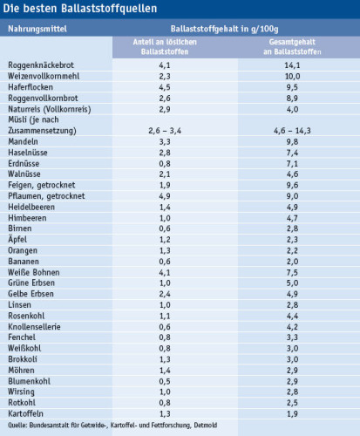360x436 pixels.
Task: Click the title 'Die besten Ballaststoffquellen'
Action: pos(80,9)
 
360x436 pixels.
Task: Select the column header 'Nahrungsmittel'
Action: pos(37,29)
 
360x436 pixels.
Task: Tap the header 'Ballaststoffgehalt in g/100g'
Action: pos(225,29)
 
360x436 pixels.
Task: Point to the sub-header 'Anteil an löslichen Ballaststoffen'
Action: pos(165,47)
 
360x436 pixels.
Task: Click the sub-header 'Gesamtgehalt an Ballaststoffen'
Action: pos(292,47)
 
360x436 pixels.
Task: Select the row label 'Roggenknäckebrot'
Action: pos(41,65)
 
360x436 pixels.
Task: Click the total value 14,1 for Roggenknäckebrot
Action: pos(292,65)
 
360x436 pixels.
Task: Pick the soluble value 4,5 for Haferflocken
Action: pos(165,87)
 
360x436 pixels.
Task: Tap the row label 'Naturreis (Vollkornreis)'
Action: pos(50,109)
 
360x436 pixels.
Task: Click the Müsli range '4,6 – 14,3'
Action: pos(292,131)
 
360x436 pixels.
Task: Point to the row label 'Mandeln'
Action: pos(23,141)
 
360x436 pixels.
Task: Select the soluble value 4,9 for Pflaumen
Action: pos(165,196)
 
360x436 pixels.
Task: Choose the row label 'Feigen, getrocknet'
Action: pos(42,185)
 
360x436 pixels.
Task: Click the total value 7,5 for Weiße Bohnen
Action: pos(292,273)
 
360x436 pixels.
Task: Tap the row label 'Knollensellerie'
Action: pos(34,327)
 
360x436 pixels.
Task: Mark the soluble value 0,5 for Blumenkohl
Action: pos(165,381)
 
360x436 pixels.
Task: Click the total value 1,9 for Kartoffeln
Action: pos(292,414)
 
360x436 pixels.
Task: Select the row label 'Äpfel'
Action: pos(17,239)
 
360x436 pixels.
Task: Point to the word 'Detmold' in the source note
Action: pos(206,426)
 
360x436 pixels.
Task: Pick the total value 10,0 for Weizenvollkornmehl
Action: pos(292,76)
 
